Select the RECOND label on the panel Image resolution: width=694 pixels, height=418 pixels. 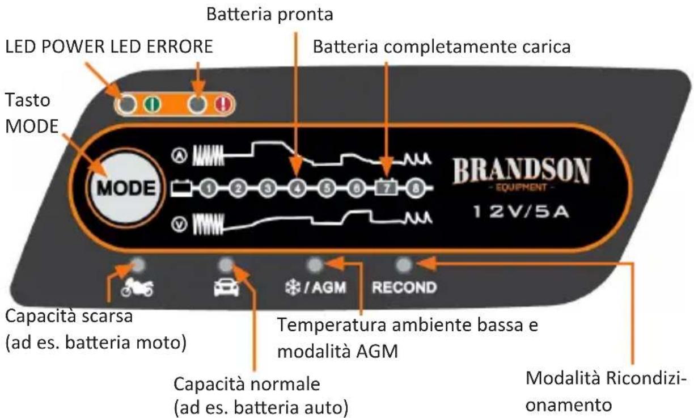pyautogui.click(x=404, y=287)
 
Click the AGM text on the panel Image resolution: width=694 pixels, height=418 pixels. pyautogui.click(x=329, y=287)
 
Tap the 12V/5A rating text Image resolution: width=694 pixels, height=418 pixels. pyautogui.click(x=522, y=213)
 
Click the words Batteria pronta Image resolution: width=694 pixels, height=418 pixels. pyautogui.click(x=269, y=15)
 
